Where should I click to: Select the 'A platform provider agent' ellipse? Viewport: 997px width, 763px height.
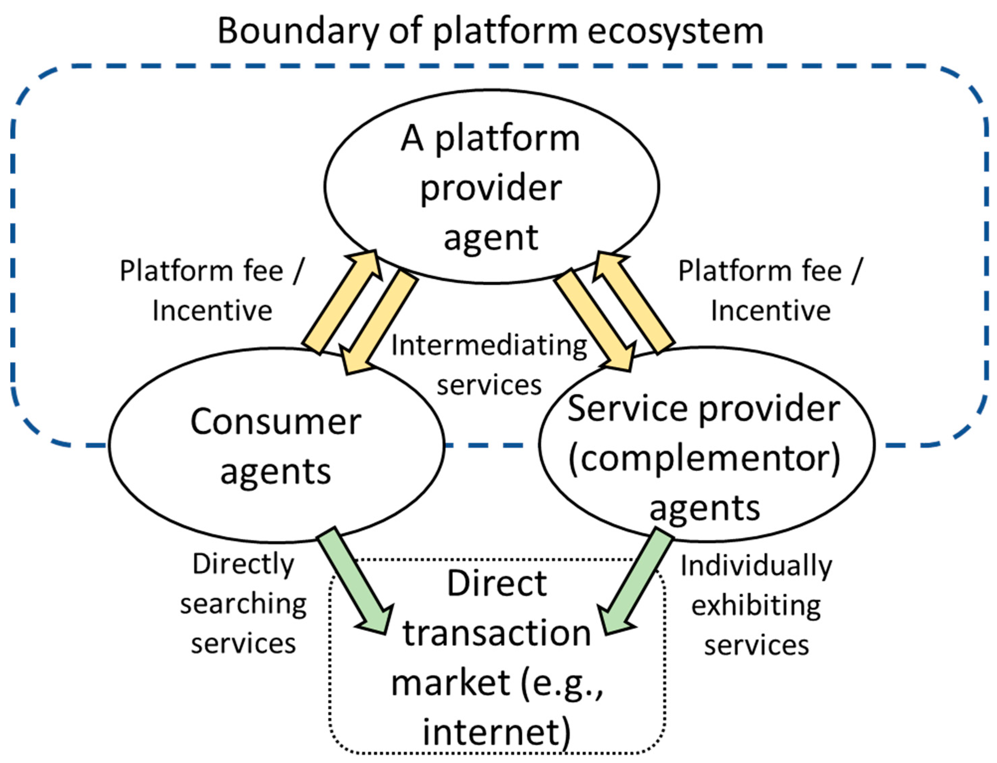click(491, 186)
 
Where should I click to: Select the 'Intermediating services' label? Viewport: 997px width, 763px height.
click(489, 365)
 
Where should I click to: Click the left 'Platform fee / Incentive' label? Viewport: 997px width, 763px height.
click(212, 291)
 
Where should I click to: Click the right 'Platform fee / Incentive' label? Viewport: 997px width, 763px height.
click(770, 291)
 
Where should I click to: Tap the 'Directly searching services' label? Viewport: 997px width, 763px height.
click(243, 604)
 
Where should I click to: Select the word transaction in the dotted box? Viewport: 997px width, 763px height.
click(496, 634)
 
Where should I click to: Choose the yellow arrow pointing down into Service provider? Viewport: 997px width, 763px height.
click(593, 320)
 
